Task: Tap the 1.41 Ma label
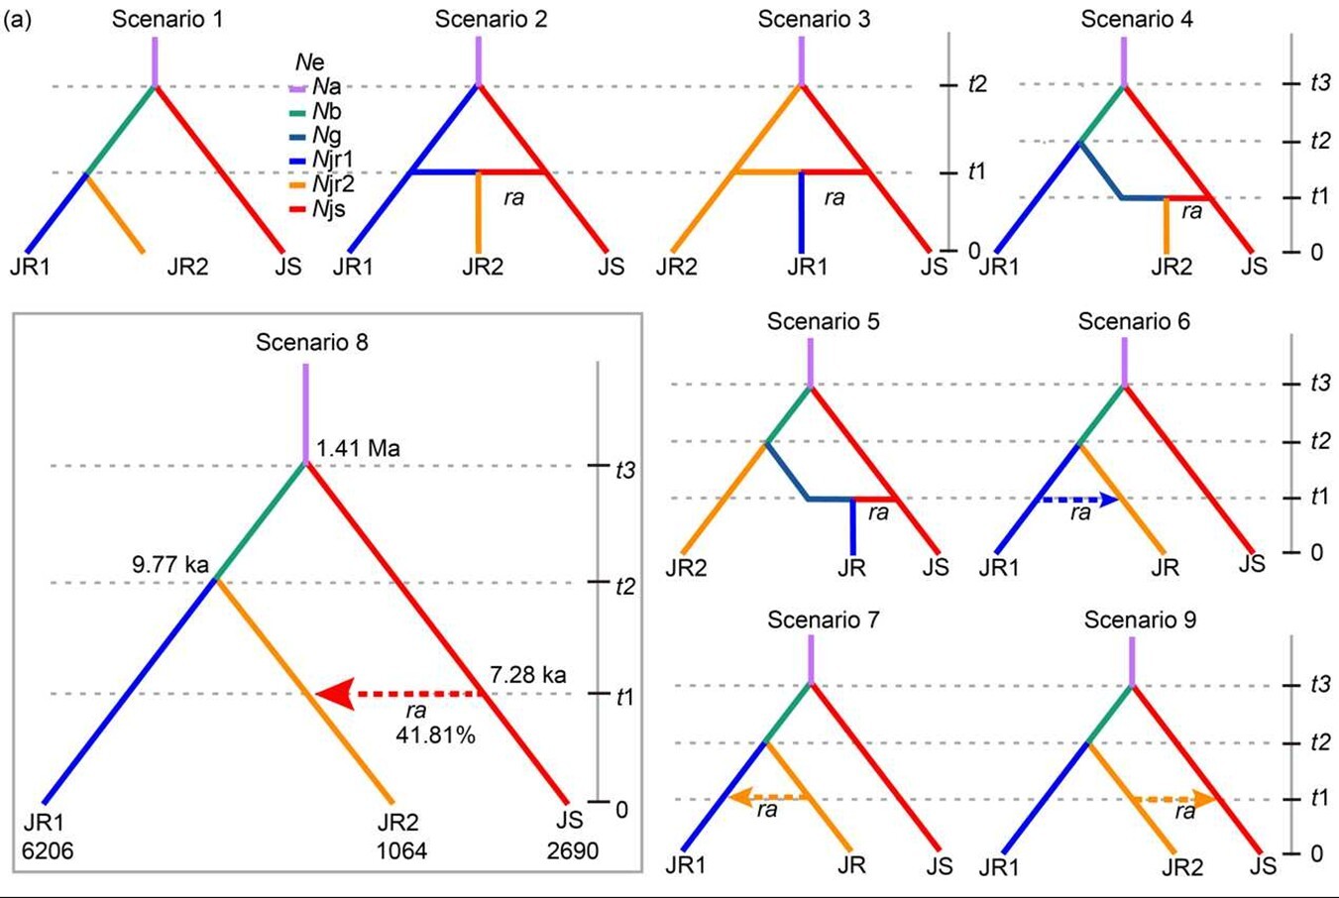tap(359, 449)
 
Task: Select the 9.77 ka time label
tap(170, 565)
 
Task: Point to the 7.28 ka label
tap(528, 675)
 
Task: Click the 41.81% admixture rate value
tap(435, 735)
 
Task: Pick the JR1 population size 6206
tap(48, 850)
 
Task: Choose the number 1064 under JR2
tap(401, 850)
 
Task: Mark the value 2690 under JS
tap(572, 850)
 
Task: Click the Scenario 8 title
tap(311, 343)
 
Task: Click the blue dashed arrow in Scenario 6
tap(1078, 500)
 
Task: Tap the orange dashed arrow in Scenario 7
tap(769, 796)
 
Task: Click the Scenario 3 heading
tap(814, 20)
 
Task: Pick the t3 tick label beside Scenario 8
tap(624, 470)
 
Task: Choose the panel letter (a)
tap(19, 20)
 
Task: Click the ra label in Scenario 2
tap(513, 197)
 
